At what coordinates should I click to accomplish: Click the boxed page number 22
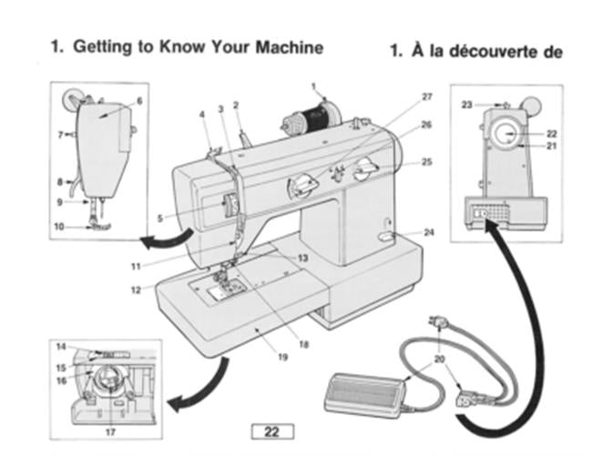(x=270, y=431)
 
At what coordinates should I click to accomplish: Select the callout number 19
(x=282, y=357)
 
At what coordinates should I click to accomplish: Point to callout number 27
(x=427, y=96)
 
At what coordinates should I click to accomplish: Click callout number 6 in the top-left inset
(x=139, y=100)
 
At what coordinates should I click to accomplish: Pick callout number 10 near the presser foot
(x=57, y=227)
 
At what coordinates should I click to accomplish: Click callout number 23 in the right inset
(x=465, y=106)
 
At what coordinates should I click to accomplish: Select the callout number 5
(x=160, y=218)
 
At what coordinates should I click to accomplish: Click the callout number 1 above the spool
(x=312, y=87)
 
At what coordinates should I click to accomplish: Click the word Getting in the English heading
(x=99, y=46)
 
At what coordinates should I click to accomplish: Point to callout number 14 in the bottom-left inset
(x=60, y=347)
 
